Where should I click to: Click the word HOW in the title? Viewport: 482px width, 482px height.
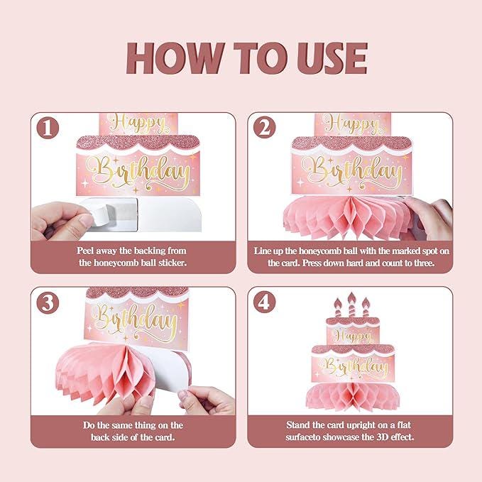coord(175,58)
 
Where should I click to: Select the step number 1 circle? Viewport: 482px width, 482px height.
coord(48,128)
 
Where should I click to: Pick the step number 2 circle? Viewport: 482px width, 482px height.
coord(265,128)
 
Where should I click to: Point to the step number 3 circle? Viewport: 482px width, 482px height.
coord(48,302)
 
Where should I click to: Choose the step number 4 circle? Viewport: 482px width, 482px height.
coord(265,302)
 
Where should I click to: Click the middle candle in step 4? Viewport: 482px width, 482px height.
coord(351,305)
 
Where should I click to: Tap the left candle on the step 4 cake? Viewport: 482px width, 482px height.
coord(338,307)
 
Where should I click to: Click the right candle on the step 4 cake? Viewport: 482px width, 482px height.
coord(366,307)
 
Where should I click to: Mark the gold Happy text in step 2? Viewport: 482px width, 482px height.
coord(353,124)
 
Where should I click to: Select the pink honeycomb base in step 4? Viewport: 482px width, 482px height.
coord(353,397)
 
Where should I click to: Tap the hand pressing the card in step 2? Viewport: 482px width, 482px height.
coord(430,219)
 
